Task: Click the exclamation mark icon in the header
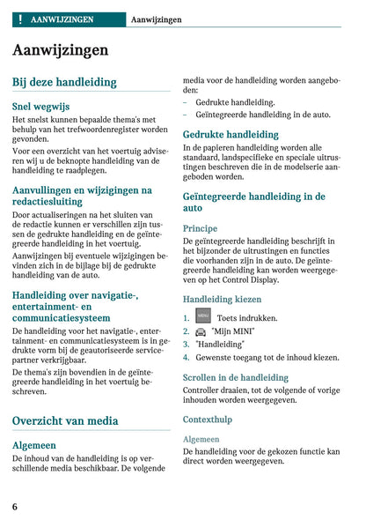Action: pos(19,18)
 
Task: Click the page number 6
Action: pos(15,506)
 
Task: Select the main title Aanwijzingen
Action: pos(61,49)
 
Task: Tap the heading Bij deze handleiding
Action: pos(64,82)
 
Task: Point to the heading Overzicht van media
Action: pos(64,420)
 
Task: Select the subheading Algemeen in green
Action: pos(34,445)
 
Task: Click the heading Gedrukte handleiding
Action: pos(231,135)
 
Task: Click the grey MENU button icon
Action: pos(203,316)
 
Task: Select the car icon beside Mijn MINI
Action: pos(201,331)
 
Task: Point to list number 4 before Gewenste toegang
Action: pos(187,358)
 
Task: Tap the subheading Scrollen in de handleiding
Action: pos(235,378)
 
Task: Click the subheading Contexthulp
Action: pos(208,419)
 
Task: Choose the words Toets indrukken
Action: pos(247,317)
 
